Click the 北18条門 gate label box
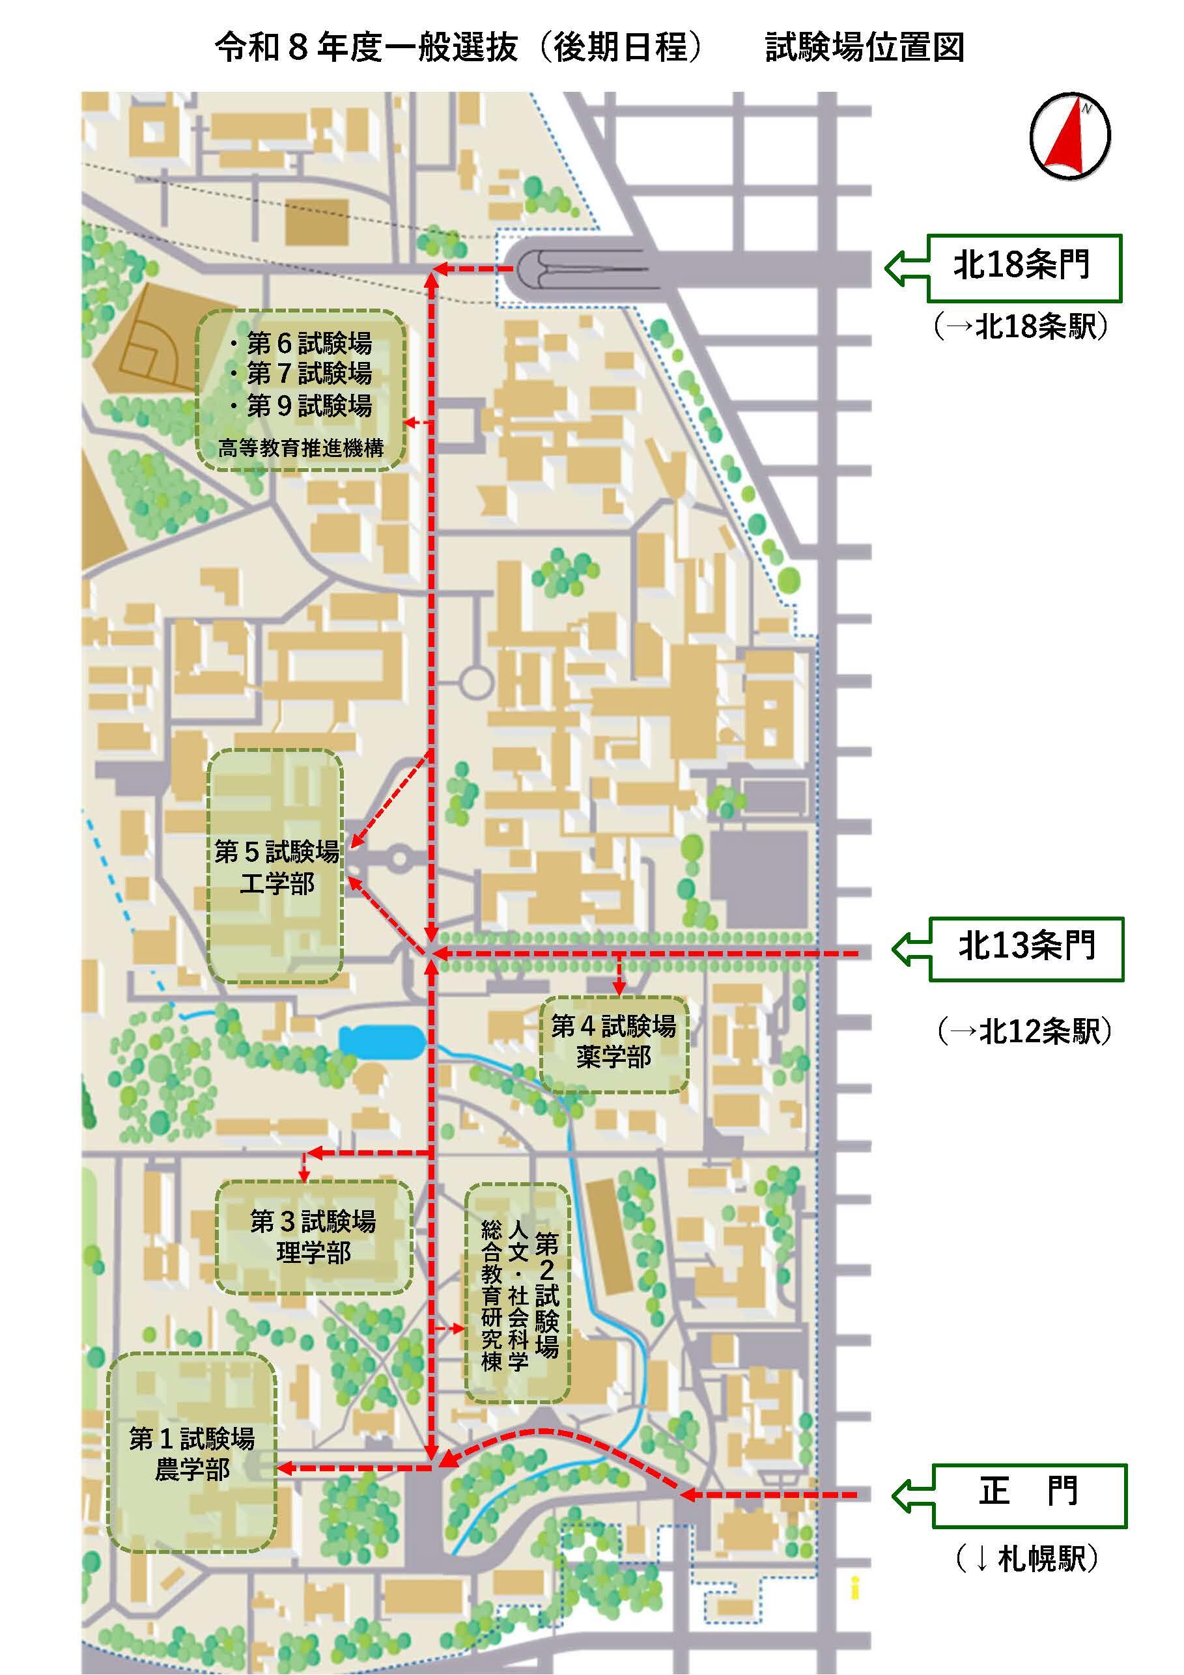pos(1023,268)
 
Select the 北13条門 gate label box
pos(1026,948)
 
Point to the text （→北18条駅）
pos(1021,327)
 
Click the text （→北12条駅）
pos(1024,1032)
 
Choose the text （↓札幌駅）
pos(1027,1560)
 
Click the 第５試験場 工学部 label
pos(277,867)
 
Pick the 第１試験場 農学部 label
pos(192,1454)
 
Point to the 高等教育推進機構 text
pos(301,448)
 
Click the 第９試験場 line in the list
pos(301,406)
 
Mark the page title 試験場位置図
pos(864,48)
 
